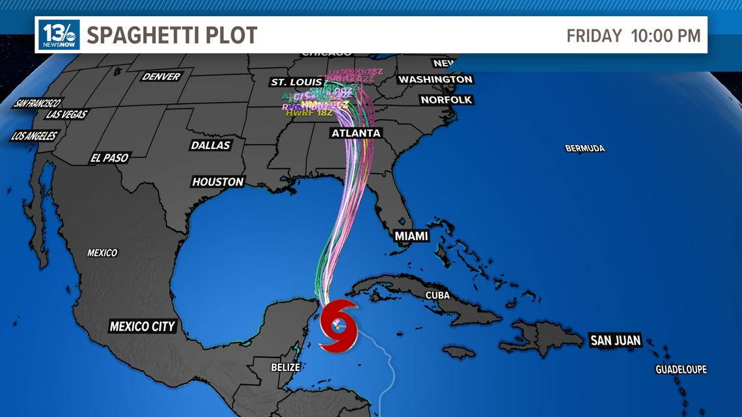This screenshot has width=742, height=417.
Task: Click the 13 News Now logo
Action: pyautogui.click(x=59, y=34)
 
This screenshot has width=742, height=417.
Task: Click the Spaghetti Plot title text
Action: pyautogui.click(x=172, y=35)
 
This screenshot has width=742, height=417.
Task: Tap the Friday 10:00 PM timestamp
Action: pyautogui.click(x=633, y=36)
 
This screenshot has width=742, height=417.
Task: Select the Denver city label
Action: pyautogui.click(x=161, y=77)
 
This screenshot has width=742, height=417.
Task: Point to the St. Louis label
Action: pyautogui.click(x=296, y=82)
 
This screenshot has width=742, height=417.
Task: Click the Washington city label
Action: pyautogui.click(x=435, y=79)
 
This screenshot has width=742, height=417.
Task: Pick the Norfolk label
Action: pyautogui.click(x=446, y=100)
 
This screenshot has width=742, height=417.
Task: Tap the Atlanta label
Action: pyautogui.click(x=356, y=133)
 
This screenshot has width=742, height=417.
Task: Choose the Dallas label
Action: pyautogui.click(x=210, y=145)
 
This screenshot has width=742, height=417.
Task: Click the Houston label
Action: pyautogui.click(x=218, y=182)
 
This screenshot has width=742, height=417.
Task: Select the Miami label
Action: pyautogui.click(x=411, y=236)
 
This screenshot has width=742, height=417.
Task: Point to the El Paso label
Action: pyautogui.click(x=109, y=158)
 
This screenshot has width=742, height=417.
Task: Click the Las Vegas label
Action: pyautogui.click(x=66, y=114)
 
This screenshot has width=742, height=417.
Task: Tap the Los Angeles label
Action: pyautogui.click(x=34, y=137)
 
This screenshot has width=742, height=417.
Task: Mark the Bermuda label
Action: pyautogui.click(x=584, y=149)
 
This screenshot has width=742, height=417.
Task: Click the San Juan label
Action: pyautogui.click(x=615, y=340)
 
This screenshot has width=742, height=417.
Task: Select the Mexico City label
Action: pyautogui.click(x=142, y=327)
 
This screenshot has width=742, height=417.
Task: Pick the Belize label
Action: pyautogui.click(x=286, y=368)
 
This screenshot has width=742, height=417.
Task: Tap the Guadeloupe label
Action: pyautogui.click(x=681, y=370)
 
